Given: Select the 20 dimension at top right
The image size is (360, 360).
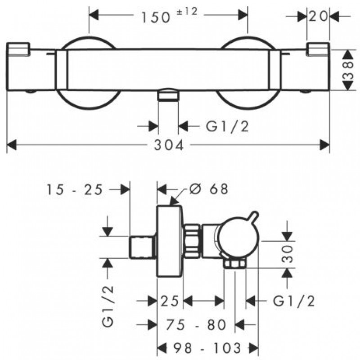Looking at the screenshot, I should click(318, 17).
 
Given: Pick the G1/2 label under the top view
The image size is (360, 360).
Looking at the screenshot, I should click(227, 127).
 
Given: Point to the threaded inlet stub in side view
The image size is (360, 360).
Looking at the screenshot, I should click(143, 246).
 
